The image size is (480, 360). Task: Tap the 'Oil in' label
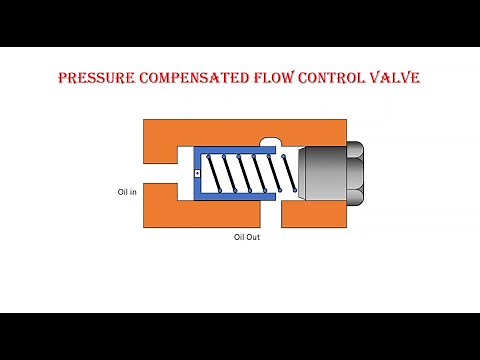[126, 192]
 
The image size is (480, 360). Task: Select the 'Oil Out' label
[246, 238]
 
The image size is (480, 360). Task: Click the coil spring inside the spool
[245, 174]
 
